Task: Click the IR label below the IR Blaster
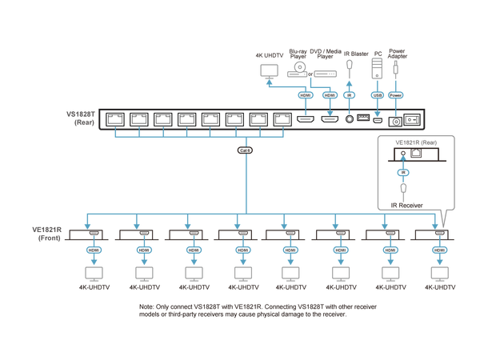pyautogui.click(x=349, y=94)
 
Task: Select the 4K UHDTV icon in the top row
pyautogui.click(x=267, y=70)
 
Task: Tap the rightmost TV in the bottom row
pyautogui.click(x=438, y=272)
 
